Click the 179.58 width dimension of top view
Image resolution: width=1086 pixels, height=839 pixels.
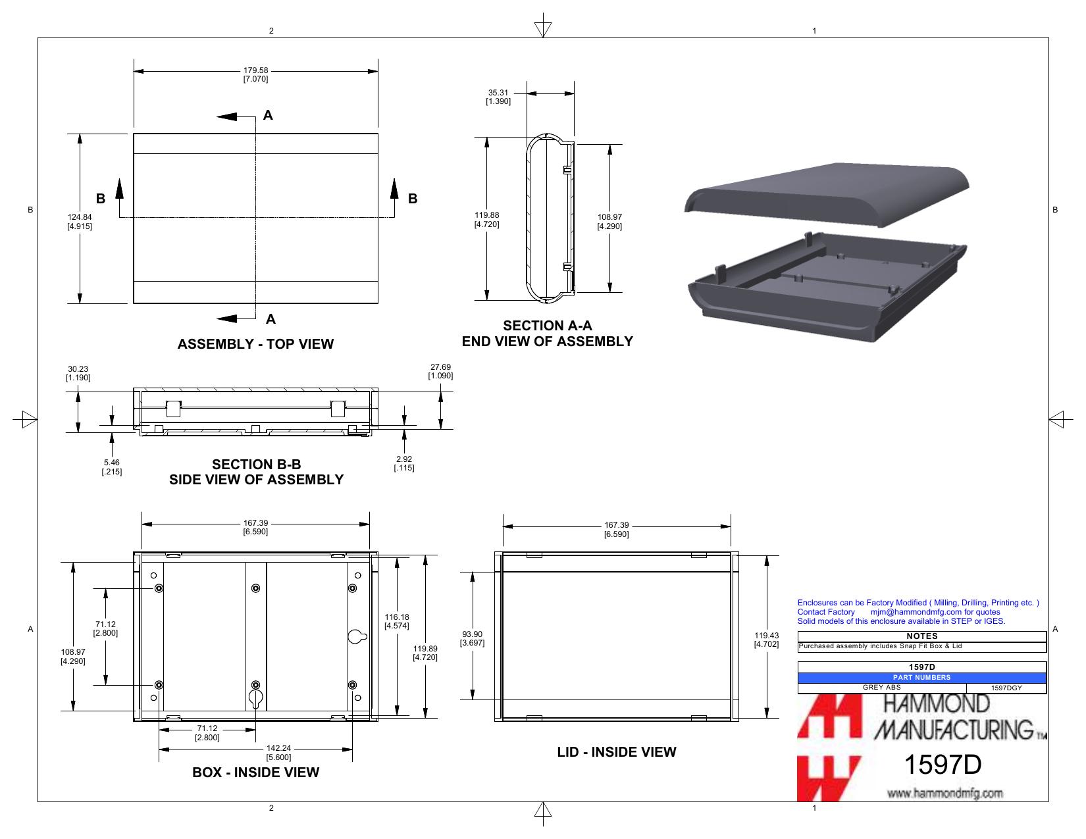click(255, 74)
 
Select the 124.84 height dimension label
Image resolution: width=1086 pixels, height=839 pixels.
click(80, 221)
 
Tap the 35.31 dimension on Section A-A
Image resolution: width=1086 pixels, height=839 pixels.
click(498, 97)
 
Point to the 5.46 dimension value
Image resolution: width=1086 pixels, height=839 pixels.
click(111, 467)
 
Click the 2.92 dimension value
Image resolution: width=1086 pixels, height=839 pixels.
click(404, 463)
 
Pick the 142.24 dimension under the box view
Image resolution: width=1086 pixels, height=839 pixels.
click(278, 753)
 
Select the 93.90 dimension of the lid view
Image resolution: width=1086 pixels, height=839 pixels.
click(473, 638)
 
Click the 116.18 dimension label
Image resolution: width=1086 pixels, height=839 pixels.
click(397, 621)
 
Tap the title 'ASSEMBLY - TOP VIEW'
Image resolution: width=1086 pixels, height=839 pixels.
click(255, 343)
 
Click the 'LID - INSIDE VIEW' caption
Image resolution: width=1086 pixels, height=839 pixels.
click(617, 752)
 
